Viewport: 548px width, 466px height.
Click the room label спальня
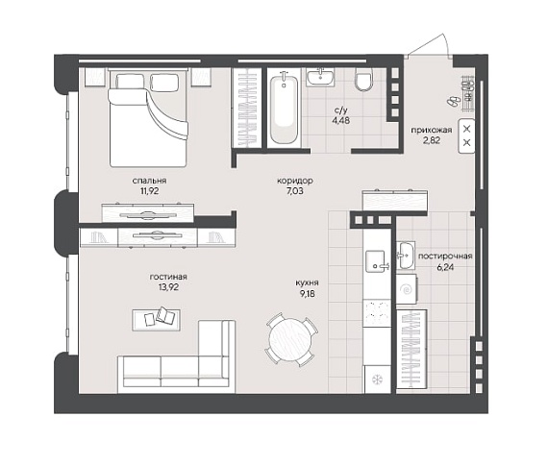click(149, 181)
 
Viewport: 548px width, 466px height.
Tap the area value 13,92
click(168, 287)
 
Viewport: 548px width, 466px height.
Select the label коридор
click(294, 181)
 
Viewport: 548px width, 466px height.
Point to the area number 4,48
click(340, 121)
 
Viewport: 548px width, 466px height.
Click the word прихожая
click(431, 130)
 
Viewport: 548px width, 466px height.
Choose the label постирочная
click(445, 256)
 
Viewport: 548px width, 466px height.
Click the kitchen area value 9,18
click(308, 294)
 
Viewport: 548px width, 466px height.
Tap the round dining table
click(291, 339)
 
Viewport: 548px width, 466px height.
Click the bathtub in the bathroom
click(284, 108)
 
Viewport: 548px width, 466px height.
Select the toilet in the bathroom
click(363, 79)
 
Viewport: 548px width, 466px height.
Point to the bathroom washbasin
click(320, 77)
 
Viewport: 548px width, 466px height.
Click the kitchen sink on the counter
click(377, 261)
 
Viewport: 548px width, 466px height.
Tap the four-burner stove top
click(377, 313)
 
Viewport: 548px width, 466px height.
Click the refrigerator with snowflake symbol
click(378, 380)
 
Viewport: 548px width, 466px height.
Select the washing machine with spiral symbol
click(407, 289)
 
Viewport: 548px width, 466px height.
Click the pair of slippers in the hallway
click(454, 101)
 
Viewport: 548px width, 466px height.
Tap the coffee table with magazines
click(156, 320)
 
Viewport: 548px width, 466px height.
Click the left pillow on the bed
click(130, 82)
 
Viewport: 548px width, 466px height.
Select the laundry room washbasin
click(406, 256)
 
